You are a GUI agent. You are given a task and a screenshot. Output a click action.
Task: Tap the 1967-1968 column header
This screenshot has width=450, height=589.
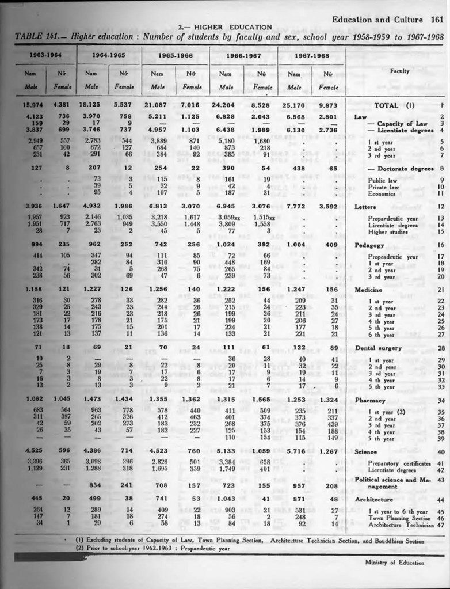point(311,55)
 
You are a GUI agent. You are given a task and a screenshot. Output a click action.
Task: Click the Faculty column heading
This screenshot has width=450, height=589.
point(399,71)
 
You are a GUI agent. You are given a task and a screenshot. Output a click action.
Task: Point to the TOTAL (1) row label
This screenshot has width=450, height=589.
point(394,105)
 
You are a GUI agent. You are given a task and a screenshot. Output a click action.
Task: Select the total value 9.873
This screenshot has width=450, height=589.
point(328,105)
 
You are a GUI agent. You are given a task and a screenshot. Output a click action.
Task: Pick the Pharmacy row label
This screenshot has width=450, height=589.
point(371,383)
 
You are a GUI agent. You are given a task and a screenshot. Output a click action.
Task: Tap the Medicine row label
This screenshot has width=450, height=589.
point(369,290)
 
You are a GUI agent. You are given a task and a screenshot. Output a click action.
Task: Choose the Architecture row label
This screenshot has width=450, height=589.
point(376,500)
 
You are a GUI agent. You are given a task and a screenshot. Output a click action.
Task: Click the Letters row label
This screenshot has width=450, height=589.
point(366,206)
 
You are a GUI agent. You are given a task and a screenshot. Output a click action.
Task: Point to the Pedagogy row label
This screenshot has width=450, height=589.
point(369,245)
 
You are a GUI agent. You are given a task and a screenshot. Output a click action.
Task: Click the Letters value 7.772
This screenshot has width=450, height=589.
point(294,206)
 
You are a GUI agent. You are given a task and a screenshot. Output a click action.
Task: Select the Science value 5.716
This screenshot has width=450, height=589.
point(294,452)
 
